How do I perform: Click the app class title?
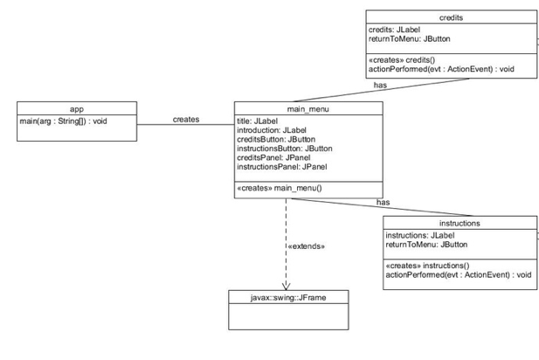pos(77,109)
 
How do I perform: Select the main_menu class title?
pos(308,109)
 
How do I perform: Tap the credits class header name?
pos(451,17)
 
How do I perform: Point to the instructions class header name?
pos(460,223)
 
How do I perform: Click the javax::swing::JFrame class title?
pos(288,297)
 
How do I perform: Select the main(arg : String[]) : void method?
pos(63,121)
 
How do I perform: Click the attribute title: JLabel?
pos(257,121)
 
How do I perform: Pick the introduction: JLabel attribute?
pos(272,130)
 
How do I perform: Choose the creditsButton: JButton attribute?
pos(276,139)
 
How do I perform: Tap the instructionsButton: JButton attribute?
pos(285,149)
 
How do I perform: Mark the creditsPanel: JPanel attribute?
pos(273,157)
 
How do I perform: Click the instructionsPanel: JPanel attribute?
pos(282,167)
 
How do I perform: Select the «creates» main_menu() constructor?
pos(280,188)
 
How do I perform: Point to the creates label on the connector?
pos(186,120)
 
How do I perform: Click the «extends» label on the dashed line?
pos(307,246)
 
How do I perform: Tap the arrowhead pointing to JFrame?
pos(286,286)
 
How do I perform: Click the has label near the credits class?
pos(380,85)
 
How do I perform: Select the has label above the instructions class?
pos(383,202)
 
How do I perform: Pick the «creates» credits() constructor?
pos(402,59)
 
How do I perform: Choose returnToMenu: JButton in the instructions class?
pos(426,245)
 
